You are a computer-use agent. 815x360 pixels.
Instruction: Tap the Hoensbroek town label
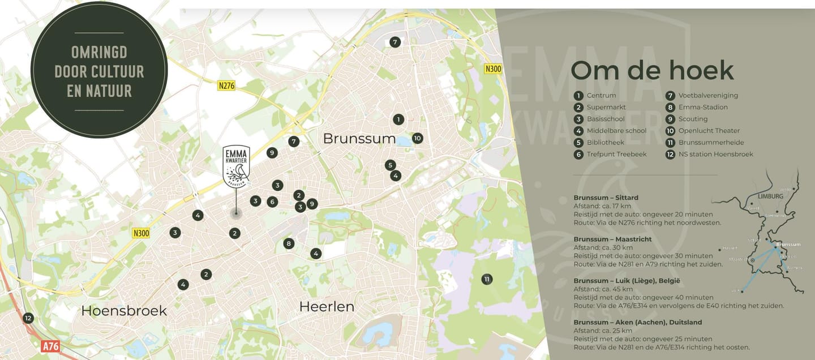pyautogui.click(x=124, y=310)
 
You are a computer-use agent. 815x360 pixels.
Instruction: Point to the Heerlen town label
pyautogui.click(x=327, y=307)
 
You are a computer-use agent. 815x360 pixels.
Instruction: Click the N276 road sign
pyautogui.click(x=226, y=86)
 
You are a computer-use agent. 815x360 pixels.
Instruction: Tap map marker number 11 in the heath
pyautogui.click(x=486, y=278)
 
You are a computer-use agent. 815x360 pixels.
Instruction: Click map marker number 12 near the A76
pyautogui.click(x=28, y=318)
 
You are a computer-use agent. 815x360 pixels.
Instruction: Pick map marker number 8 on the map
pyautogui.click(x=289, y=243)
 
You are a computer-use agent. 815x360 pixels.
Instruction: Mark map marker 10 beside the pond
pyautogui.click(x=417, y=138)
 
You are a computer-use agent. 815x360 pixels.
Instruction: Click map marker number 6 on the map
pyautogui.click(x=272, y=202)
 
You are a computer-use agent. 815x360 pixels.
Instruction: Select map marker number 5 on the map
pyautogui.click(x=390, y=165)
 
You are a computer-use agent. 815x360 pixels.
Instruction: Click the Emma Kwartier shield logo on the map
pyautogui.click(x=236, y=166)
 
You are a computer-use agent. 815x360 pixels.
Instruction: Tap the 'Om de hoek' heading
pyautogui.click(x=652, y=70)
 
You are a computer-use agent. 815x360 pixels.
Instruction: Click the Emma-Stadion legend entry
pyautogui.click(x=703, y=107)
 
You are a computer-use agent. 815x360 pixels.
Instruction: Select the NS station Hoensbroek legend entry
pyautogui.click(x=715, y=154)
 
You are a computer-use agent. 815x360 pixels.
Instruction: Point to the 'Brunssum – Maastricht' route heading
pyautogui.click(x=612, y=239)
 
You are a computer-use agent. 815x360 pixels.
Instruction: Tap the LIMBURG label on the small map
pyautogui.click(x=770, y=196)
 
